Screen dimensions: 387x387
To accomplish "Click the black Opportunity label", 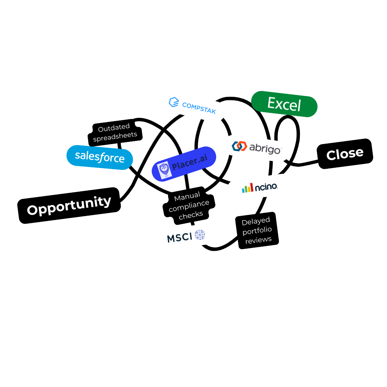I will (69, 205).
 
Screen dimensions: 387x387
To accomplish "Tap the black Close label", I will (345, 154).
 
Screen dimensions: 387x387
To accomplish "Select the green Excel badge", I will (284, 104).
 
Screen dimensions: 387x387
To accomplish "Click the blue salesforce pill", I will (100, 157).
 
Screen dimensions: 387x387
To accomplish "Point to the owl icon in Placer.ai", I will (164, 169).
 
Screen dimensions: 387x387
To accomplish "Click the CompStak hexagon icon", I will (174, 102).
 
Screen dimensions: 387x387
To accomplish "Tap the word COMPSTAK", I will (199, 108).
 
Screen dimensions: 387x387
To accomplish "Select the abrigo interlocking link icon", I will (239, 146).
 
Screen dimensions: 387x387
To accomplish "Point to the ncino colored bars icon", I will (247, 188).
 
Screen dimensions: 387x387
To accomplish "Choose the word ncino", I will (266, 187).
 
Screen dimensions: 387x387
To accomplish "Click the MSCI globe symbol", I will (200, 235).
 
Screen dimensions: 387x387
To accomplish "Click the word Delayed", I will (256, 221).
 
